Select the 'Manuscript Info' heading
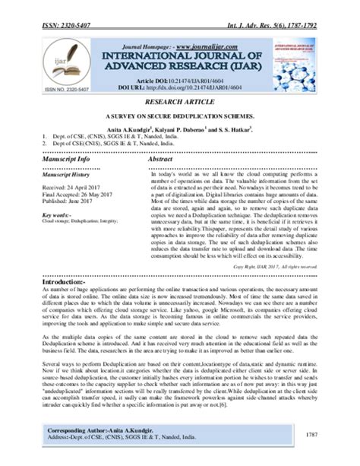click(69, 160)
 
